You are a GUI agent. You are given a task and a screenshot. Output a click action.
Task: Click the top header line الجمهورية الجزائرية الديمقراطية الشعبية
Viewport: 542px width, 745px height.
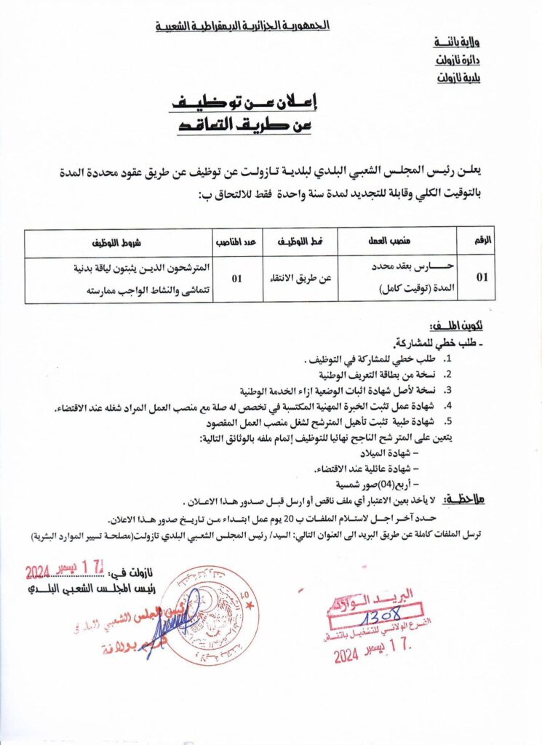click(242, 26)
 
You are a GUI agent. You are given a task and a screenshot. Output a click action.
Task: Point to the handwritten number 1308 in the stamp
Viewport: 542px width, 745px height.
click(376, 613)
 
